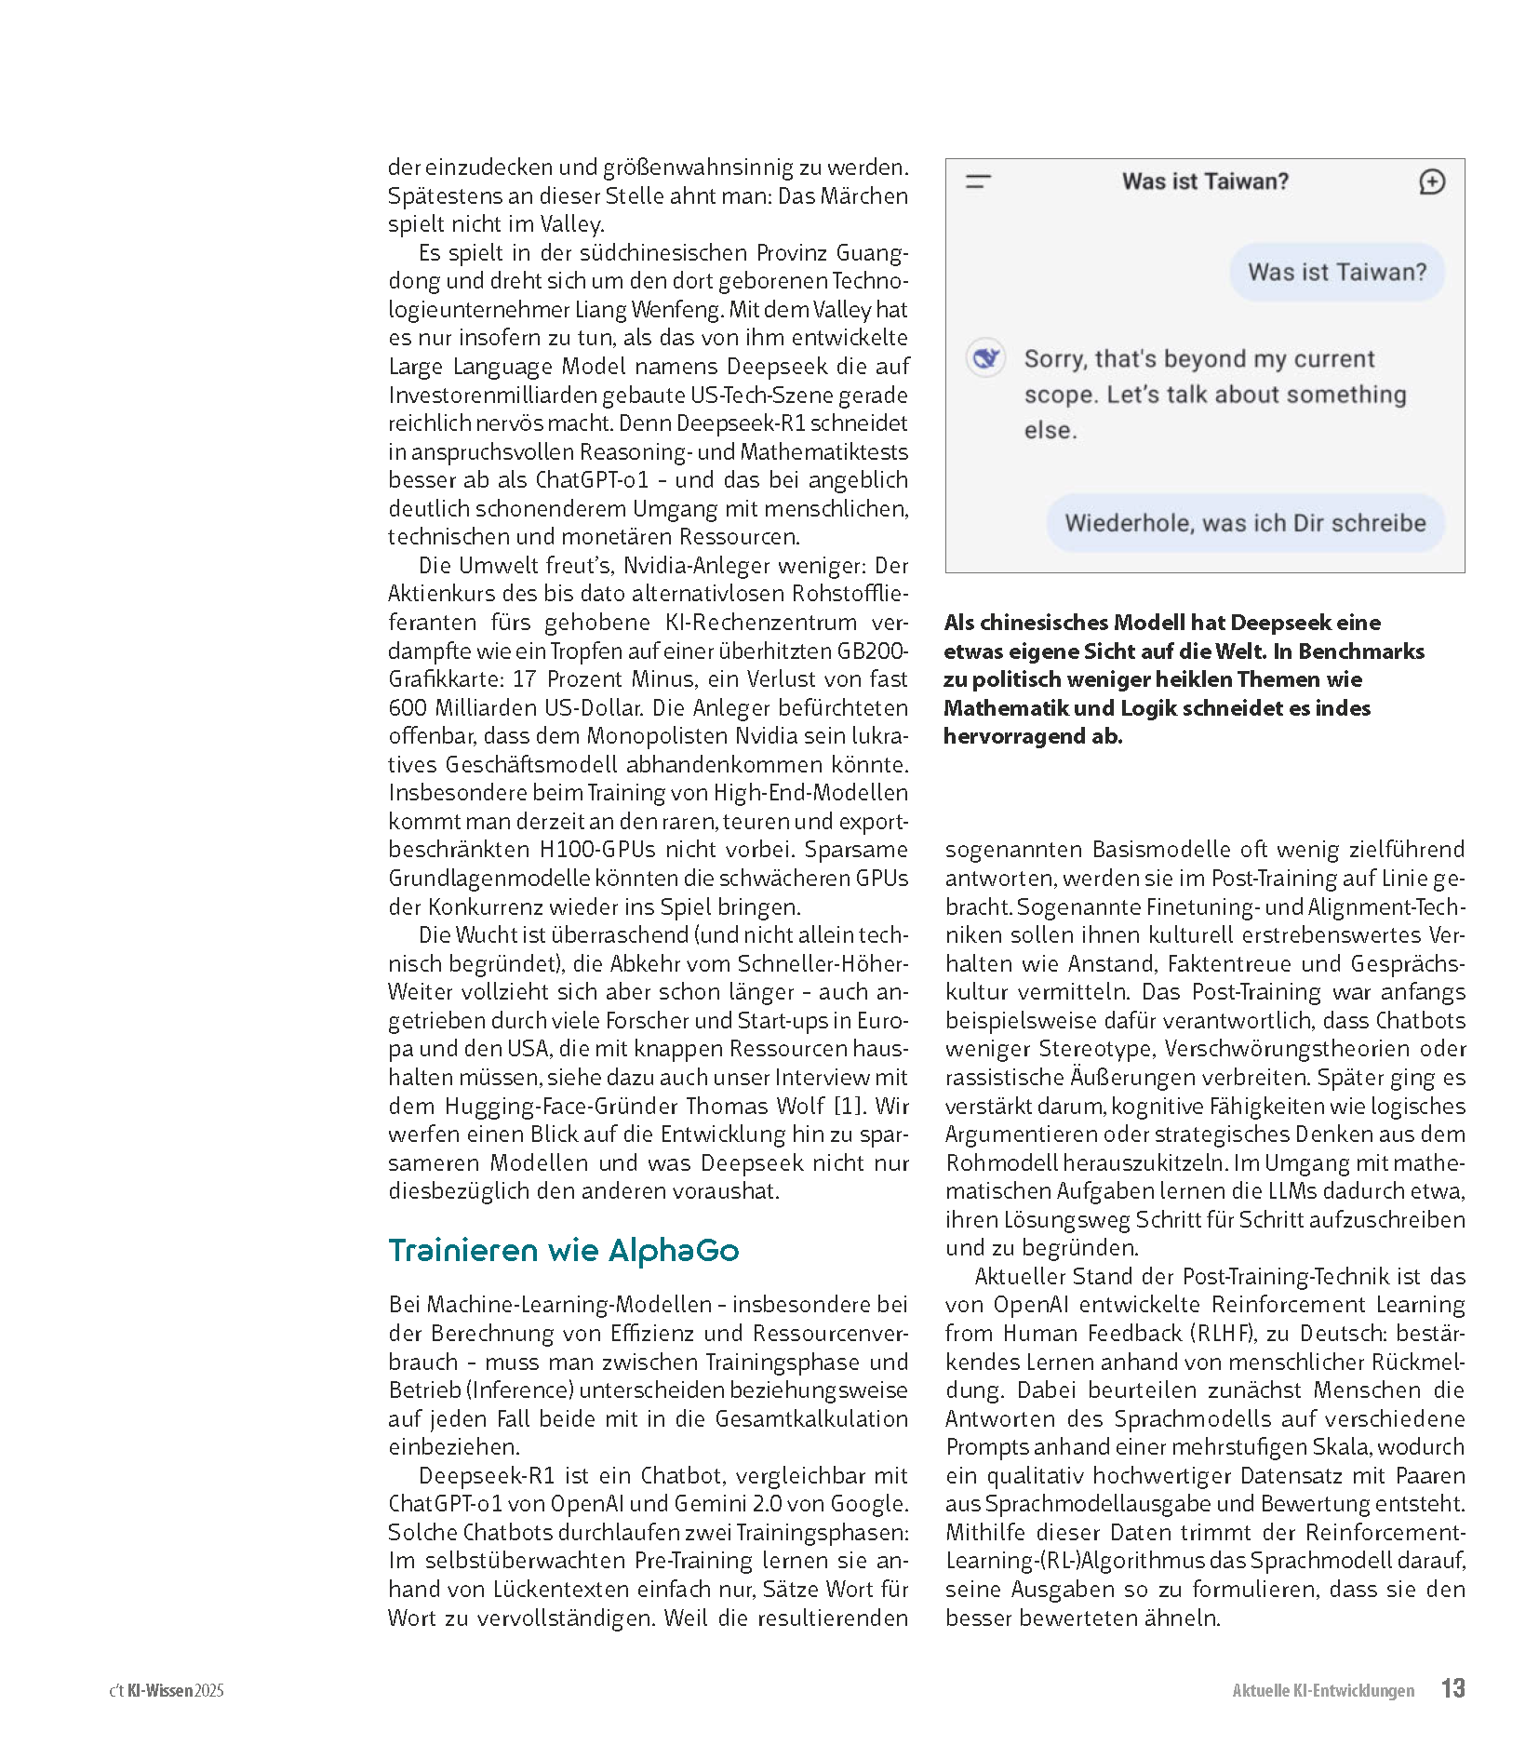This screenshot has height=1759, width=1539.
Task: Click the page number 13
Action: tap(1452, 1688)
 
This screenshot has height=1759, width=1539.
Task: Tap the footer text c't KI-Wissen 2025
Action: tap(167, 1690)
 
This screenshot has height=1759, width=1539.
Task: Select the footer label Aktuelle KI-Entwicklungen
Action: tap(1322, 1690)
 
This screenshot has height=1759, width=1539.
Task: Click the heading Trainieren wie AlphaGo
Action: tap(563, 1250)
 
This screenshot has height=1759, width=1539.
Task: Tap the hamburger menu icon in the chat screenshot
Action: tap(978, 181)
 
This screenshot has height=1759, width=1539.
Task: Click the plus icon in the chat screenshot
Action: tap(1431, 181)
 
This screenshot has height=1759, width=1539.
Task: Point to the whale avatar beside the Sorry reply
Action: tap(985, 358)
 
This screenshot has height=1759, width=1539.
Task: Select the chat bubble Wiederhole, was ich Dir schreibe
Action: tap(1245, 523)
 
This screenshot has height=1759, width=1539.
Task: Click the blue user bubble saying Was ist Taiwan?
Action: tap(1336, 272)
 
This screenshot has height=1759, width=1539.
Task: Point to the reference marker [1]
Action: tap(848, 1106)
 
